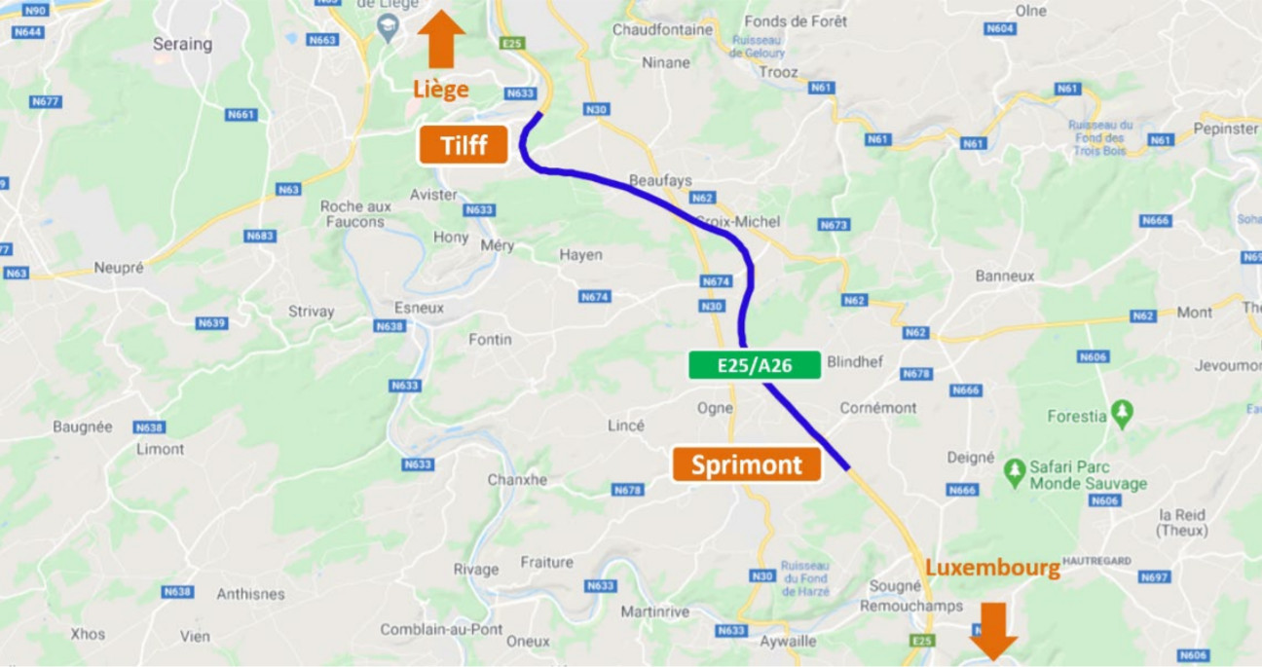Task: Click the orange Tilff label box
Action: [x=464, y=145]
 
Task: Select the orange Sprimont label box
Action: [x=747, y=465]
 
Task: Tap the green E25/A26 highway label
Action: [x=755, y=365]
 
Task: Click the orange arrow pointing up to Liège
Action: [x=441, y=39]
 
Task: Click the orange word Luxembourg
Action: [x=992, y=568]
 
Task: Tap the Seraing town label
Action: [x=182, y=44]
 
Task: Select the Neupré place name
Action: [x=119, y=267]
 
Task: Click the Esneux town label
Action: [x=419, y=308]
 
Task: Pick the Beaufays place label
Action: [x=660, y=181]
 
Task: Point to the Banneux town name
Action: [x=1005, y=276]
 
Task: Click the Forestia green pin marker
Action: [x=1122, y=414]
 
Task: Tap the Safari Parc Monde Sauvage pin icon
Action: [x=1015, y=473]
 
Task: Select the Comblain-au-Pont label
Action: [x=441, y=630]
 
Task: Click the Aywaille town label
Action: [x=789, y=642]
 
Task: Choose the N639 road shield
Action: [x=211, y=323]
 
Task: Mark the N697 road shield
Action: [x=1154, y=577]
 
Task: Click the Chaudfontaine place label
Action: [x=662, y=30]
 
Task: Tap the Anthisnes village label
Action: [x=250, y=594]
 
